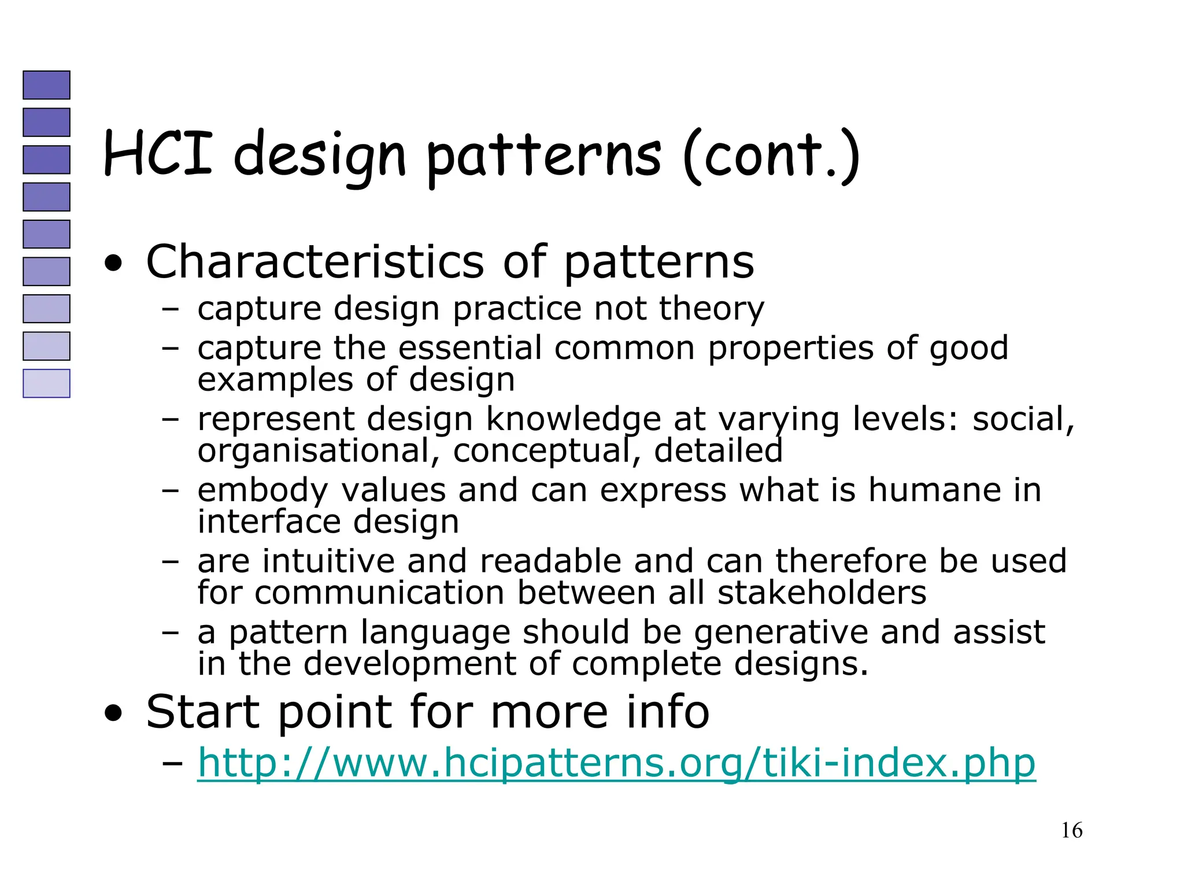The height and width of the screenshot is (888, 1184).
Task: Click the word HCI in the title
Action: pyautogui.click(x=158, y=153)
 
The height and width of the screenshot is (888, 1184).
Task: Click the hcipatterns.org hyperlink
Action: pyautogui.click(x=616, y=763)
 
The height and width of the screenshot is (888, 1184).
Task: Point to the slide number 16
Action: pyautogui.click(x=1071, y=831)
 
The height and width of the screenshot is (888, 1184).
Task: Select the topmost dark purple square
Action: pyautogui.click(x=46, y=85)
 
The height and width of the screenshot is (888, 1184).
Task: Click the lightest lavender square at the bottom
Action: pyautogui.click(x=46, y=383)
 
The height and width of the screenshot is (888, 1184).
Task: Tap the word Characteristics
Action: pyautogui.click(x=315, y=262)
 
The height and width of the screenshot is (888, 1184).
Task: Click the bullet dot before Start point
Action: pyautogui.click(x=114, y=713)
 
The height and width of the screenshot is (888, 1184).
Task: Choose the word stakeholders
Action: pyautogui.click(x=822, y=593)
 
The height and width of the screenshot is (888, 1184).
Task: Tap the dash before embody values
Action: pyautogui.click(x=170, y=490)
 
